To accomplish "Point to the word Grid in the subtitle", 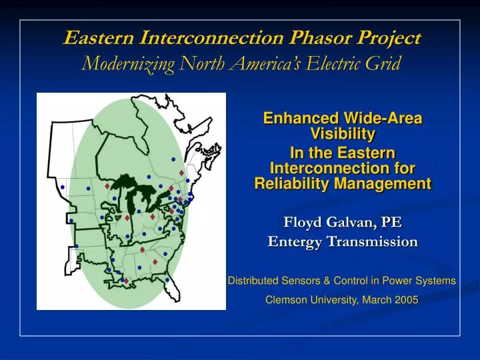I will click(385, 64).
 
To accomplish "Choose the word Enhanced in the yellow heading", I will click(299, 119).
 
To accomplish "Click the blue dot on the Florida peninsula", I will click(167, 280).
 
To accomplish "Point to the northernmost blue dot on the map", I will click(173, 159).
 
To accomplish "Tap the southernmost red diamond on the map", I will click(125, 281).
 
